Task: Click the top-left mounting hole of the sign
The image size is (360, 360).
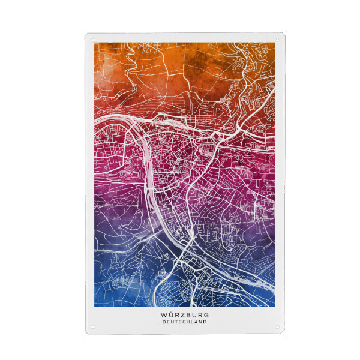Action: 93,41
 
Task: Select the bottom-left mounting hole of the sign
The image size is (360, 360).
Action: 93,327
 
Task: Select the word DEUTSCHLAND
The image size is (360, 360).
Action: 185,322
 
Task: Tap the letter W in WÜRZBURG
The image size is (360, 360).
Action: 164,314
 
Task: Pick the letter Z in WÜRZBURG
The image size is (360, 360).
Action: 178,314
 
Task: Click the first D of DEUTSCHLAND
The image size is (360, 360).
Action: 164,322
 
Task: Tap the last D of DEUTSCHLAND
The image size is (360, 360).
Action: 206,322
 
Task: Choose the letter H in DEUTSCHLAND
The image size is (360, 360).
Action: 189,322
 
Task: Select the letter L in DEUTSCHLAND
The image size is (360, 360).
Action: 193,322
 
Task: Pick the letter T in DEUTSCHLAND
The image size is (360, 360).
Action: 176,322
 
